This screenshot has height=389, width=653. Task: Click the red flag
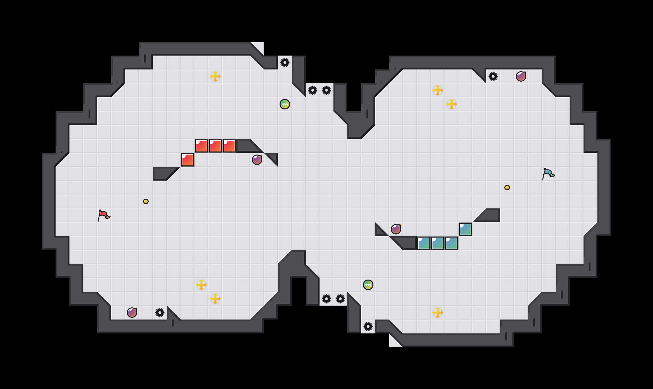104,215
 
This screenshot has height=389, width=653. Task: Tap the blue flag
548,174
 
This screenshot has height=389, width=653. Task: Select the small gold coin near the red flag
146,201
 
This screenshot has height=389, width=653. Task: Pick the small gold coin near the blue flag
507,188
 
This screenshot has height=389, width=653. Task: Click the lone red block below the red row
188,160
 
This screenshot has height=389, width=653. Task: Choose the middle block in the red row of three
215,146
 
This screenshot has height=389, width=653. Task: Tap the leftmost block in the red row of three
201,146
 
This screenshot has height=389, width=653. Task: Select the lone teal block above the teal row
465,229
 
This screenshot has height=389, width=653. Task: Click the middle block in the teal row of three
438,243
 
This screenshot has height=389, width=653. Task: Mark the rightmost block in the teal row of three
452,243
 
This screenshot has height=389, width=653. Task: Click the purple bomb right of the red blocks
257,160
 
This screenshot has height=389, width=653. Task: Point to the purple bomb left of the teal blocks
396,229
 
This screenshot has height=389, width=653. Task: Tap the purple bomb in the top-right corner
521,76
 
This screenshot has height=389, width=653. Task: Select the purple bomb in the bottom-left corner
132,313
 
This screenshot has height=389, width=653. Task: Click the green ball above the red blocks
285,104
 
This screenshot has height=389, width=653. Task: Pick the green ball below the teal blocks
368,285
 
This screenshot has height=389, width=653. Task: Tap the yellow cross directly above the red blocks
215,76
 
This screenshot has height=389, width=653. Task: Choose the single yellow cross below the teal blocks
438,313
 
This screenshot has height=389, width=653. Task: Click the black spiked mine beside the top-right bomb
493,76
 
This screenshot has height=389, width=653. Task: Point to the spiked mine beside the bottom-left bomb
160,313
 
